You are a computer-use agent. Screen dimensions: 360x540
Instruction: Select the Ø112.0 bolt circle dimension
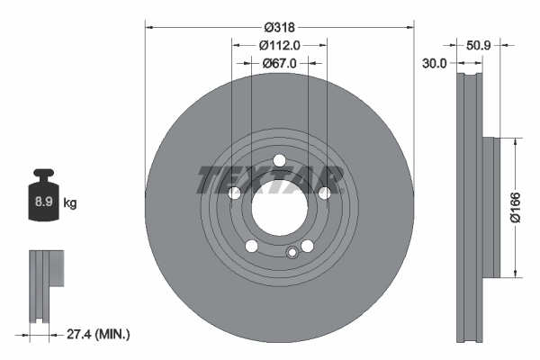point(279,45)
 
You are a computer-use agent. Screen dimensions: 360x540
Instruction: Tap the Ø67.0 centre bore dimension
point(279,64)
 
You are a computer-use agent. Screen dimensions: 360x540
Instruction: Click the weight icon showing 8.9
point(42,201)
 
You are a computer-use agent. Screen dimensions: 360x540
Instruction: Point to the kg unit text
point(70,203)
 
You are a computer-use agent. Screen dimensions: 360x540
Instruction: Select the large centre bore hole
point(279,210)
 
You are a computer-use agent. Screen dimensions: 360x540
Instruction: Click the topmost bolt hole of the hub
point(279,161)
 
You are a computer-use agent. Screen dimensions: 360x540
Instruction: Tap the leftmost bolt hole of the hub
point(234,193)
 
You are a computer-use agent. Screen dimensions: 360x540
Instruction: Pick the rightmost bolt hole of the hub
point(324,193)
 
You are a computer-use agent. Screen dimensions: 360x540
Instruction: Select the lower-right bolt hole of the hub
point(307,247)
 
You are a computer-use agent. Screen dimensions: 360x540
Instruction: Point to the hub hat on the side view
point(490,207)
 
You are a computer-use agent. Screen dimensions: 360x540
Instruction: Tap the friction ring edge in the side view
point(469,207)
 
